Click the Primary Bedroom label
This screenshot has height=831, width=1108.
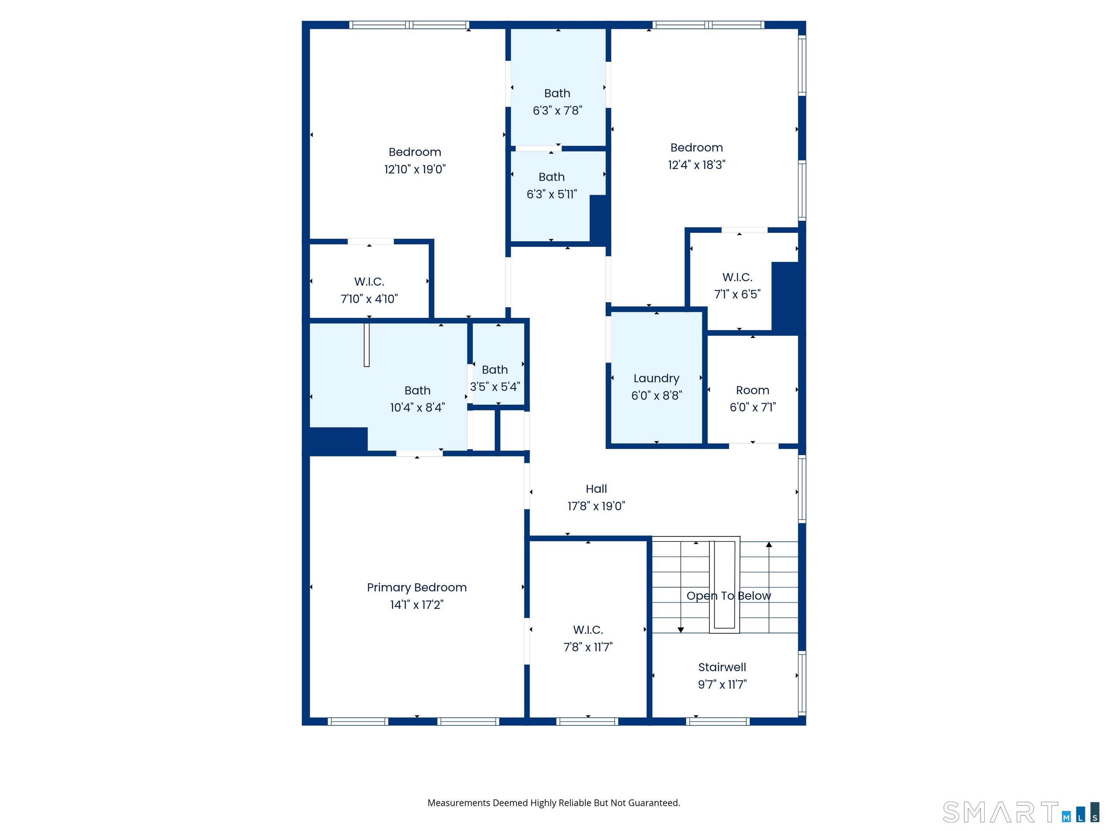pos(416,588)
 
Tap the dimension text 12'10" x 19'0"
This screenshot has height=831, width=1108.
pos(415,169)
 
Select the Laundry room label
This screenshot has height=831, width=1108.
pos(656,378)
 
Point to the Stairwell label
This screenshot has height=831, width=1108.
pos(722,667)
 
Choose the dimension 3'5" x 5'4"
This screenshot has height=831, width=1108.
pos(494,387)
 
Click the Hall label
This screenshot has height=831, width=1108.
pos(596,489)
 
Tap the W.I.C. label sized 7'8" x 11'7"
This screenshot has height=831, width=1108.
pos(588,630)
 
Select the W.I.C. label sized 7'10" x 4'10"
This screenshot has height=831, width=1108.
pos(369,281)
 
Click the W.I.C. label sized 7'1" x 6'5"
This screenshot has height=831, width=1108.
pos(737,277)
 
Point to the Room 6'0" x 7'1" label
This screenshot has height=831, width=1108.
pos(752,390)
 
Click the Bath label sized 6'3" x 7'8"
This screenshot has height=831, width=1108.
pos(557,93)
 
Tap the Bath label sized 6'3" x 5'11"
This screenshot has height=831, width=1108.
pos(551,177)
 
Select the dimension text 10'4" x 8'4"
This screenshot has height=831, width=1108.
pos(417,408)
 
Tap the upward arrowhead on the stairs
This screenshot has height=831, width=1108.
pos(769,545)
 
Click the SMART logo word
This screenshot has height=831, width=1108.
pos(999,813)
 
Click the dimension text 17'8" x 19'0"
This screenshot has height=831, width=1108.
pos(596,506)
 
